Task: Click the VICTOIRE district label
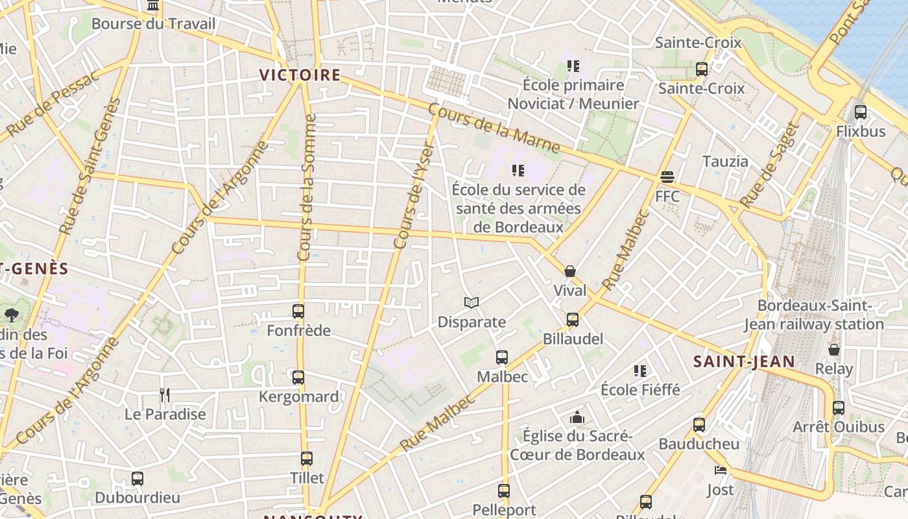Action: pyautogui.click(x=300, y=75)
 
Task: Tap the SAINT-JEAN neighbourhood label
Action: pyautogui.click(x=744, y=361)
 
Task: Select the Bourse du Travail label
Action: pyautogui.click(x=153, y=24)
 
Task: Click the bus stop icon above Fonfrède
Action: pyautogui.click(x=298, y=311)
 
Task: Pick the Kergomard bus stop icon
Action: pyautogui.click(x=298, y=378)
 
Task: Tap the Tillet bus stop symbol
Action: pyautogui.click(x=307, y=459)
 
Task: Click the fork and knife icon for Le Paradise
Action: pyautogui.click(x=165, y=394)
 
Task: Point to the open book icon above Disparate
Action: pyautogui.click(x=472, y=302)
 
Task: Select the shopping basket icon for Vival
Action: pyautogui.click(x=570, y=271)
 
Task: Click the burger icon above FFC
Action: pyautogui.click(x=667, y=177)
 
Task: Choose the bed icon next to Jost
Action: pyautogui.click(x=720, y=470)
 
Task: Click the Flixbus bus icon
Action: pyautogui.click(x=861, y=112)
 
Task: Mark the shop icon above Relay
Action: pyautogui.click(x=834, y=350)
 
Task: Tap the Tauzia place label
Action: pyautogui.click(x=725, y=161)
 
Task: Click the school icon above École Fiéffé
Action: pyautogui.click(x=640, y=371)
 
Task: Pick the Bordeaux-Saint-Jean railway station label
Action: pyautogui.click(x=814, y=315)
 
